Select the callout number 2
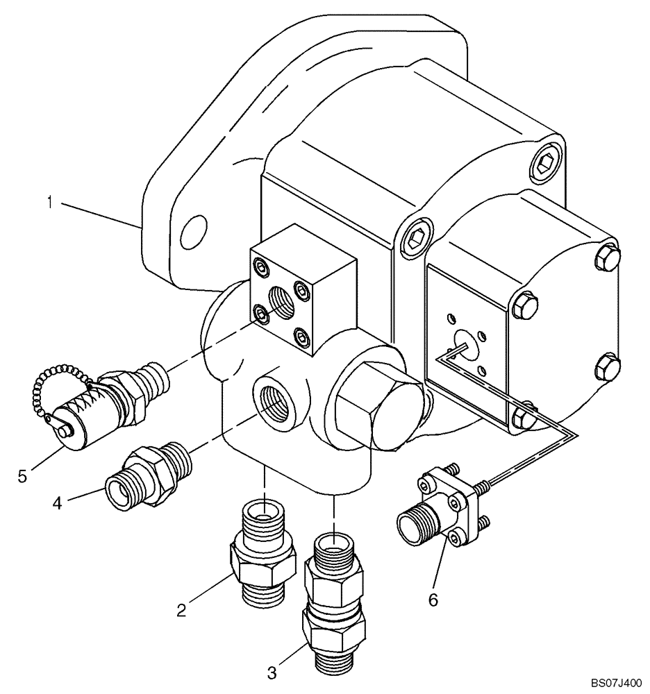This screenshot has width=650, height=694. pyautogui.click(x=181, y=609)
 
